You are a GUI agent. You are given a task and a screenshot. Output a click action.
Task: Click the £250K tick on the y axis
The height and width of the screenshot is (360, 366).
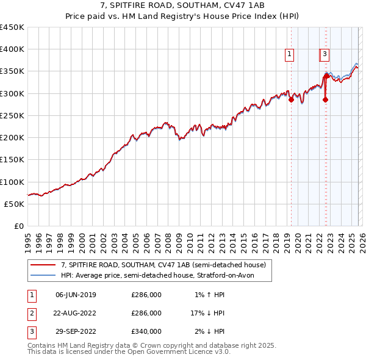12,115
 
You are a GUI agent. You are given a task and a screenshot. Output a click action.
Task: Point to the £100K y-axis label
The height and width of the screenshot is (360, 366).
12,182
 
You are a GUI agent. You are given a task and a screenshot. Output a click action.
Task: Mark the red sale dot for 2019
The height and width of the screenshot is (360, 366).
291,100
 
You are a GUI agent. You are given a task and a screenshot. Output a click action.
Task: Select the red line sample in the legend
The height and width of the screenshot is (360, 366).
43,265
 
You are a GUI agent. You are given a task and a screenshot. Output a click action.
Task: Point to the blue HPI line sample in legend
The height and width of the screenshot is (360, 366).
43,276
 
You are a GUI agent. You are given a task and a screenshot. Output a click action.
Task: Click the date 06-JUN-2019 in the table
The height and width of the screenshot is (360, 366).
76,295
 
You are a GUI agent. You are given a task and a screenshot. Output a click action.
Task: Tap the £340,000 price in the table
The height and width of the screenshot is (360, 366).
146,332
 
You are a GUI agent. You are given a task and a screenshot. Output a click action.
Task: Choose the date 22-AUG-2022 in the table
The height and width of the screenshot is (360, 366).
76,314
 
